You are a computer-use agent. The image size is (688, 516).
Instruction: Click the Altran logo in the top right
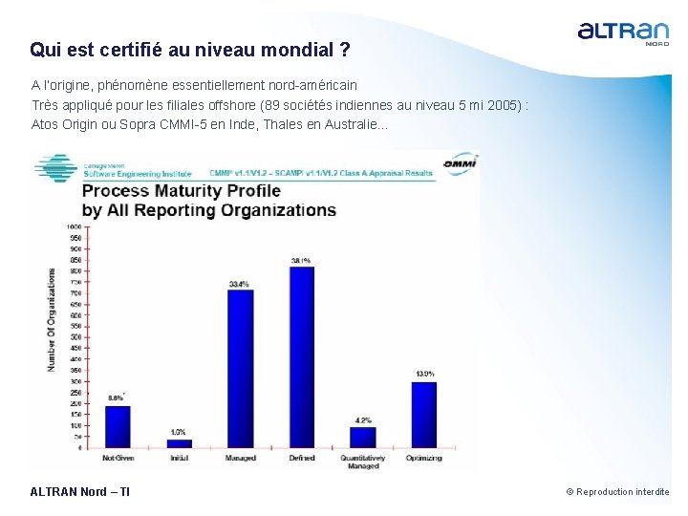pos(623,32)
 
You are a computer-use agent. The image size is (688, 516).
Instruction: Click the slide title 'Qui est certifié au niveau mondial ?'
pos(190,49)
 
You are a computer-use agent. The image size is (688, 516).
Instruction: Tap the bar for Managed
pos(240,369)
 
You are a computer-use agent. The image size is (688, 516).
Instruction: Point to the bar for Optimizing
pos(423,415)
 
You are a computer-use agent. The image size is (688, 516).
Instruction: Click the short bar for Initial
pos(179,443)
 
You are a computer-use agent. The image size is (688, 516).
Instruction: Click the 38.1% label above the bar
pos(301,260)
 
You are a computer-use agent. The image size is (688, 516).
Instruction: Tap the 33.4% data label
pos(240,284)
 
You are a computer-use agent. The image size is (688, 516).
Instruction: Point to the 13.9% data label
pos(424,374)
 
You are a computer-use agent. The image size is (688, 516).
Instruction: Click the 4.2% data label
pos(363,419)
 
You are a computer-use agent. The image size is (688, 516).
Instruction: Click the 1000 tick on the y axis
pos(74,226)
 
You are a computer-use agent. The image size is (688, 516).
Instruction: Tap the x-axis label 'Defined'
pos(301,459)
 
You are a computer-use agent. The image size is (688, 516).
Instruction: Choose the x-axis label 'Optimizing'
pos(423,459)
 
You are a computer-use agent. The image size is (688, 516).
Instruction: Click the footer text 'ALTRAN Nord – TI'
pos(80,492)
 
